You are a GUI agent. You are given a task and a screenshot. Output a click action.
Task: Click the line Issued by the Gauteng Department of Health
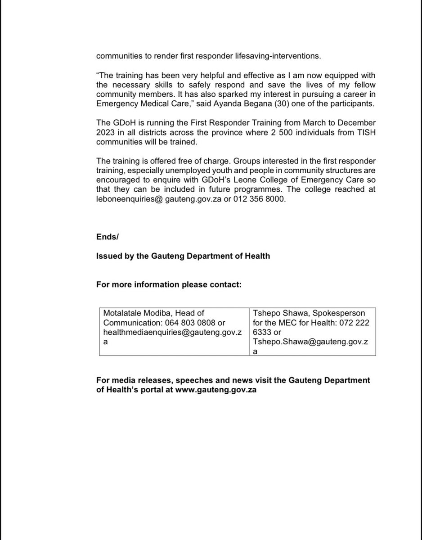pyautogui.click(x=183, y=256)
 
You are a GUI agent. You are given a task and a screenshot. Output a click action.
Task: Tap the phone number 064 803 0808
pyautogui.click(x=195, y=323)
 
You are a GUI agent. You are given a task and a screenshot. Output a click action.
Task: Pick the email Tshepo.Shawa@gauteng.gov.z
pyautogui.click(x=311, y=342)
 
